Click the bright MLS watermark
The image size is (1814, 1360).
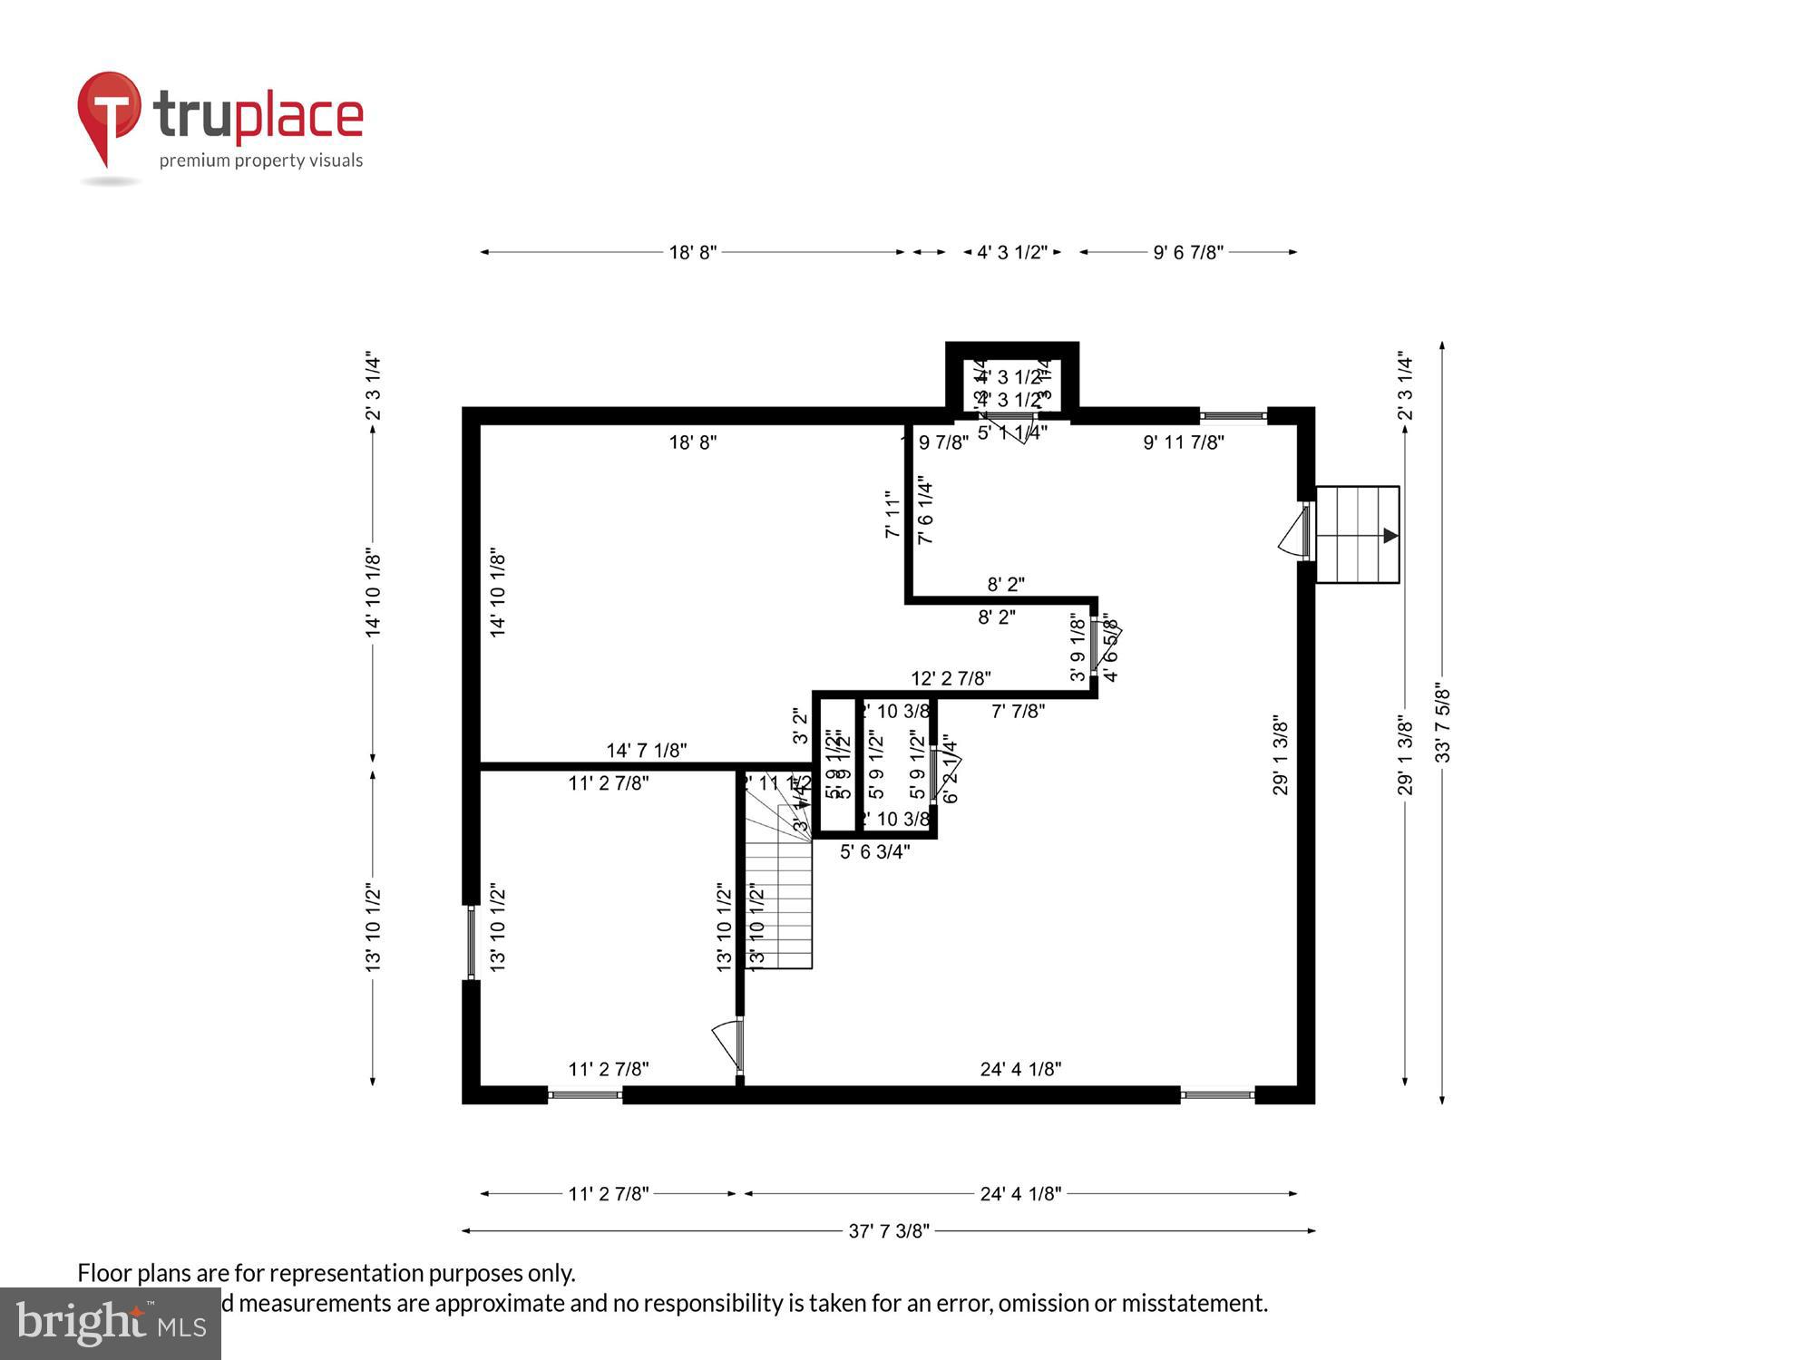click(110, 1324)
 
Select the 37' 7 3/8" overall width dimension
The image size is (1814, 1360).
click(888, 1230)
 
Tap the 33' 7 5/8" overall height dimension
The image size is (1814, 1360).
click(1442, 723)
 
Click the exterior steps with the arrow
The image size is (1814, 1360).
click(1357, 535)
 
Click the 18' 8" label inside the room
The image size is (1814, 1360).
click(693, 442)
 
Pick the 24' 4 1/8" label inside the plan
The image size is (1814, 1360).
click(1019, 1069)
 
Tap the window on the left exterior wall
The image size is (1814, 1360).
click(471, 943)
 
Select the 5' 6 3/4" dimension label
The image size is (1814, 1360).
click(874, 851)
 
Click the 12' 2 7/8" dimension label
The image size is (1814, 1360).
click(950, 678)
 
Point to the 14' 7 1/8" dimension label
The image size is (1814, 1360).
click(646, 750)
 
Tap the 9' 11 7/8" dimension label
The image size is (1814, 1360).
click(1183, 442)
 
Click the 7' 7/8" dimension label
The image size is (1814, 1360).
click(1017, 711)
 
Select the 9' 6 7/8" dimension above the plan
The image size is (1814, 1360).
click(1187, 252)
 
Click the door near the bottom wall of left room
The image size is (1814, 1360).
click(727, 1044)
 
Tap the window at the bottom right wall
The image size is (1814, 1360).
click(1216, 1095)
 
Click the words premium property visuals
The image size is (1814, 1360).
click(261, 160)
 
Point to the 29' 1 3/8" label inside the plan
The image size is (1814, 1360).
click(1280, 755)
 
